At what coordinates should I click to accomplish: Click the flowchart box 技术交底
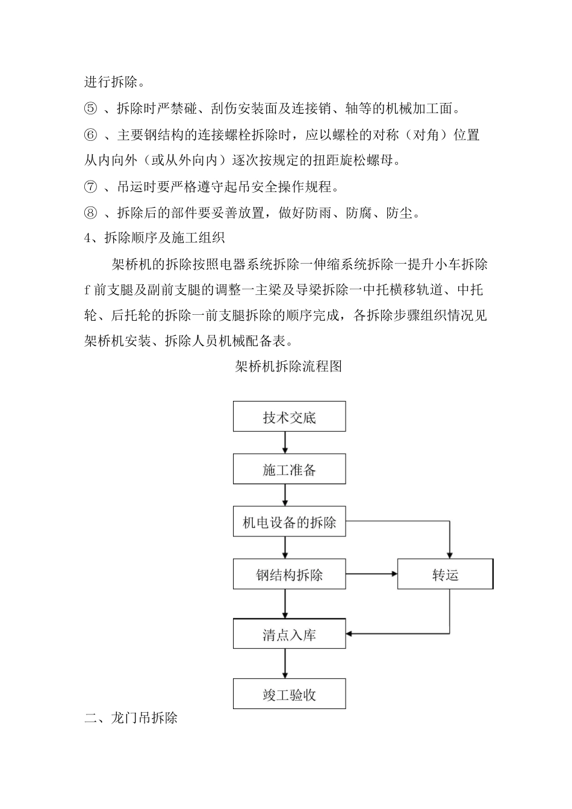(289, 417)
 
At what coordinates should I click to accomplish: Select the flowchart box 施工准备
(289, 469)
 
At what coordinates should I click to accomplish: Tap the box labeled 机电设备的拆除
(289, 522)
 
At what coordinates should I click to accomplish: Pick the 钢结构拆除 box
(289, 574)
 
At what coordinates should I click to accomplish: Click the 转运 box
(445, 574)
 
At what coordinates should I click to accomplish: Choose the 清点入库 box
(289, 634)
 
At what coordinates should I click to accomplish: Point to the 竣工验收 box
(289, 694)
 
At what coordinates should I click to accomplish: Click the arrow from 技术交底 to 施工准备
(285, 442)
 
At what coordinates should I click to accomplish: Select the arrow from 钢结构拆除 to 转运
(371, 574)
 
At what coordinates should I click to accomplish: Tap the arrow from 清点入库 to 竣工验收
(285, 663)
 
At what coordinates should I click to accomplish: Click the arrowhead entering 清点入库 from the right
(350, 633)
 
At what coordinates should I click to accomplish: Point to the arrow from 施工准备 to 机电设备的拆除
(285, 495)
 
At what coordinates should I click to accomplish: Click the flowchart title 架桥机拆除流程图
(288, 366)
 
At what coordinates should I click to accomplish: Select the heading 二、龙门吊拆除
(131, 718)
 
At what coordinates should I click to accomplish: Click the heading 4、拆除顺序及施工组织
(155, 238)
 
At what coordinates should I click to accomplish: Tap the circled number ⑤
(90, 109)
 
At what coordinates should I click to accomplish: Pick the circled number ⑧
(90, 213)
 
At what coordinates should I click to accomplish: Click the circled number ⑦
(90, 187)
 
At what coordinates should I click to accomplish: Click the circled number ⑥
(90, 135)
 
